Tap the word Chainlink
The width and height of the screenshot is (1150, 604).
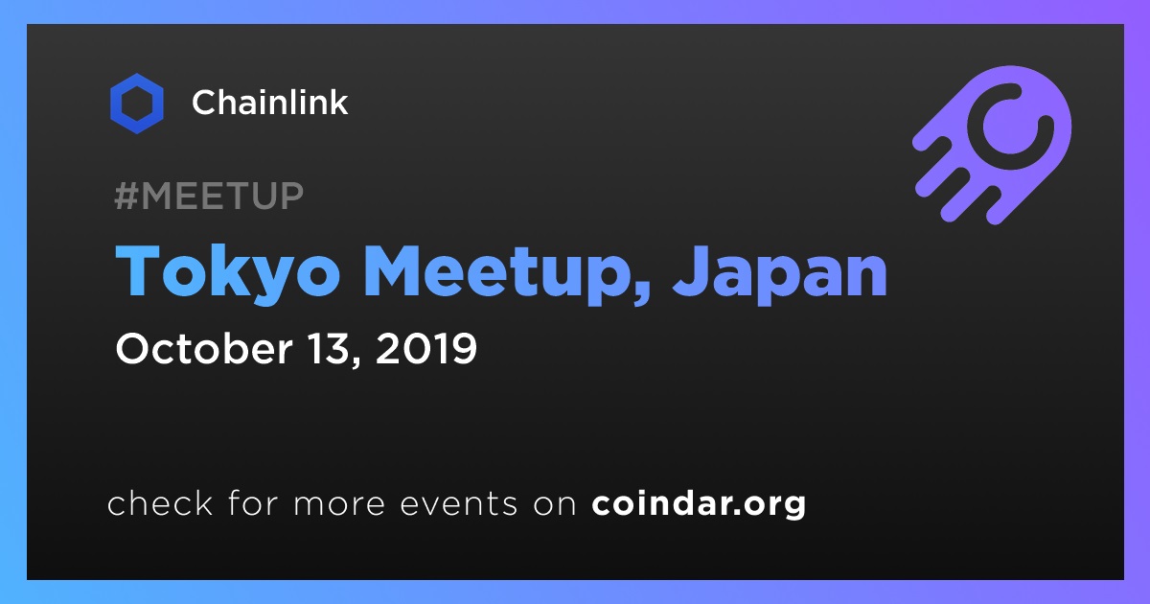(269, 103)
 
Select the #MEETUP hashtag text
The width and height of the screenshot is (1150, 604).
(209, 197)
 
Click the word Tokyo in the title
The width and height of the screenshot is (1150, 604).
(227, 272)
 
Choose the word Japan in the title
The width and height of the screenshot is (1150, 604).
(780, 272)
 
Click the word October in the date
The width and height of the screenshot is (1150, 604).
(204, 349)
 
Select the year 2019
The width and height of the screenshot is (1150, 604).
(426, 349)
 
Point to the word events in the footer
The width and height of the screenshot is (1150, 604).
(459, 504)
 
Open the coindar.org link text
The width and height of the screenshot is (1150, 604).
(699, 504)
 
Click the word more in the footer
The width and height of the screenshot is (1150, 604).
(339, 504)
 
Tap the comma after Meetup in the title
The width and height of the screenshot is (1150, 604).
(642, 297)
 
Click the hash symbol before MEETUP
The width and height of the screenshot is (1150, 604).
(126, 197)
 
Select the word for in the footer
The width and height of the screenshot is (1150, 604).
(253, 502)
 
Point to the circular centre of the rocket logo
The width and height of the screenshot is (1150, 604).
(1010, 127)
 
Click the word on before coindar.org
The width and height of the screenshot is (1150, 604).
(555, 504)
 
